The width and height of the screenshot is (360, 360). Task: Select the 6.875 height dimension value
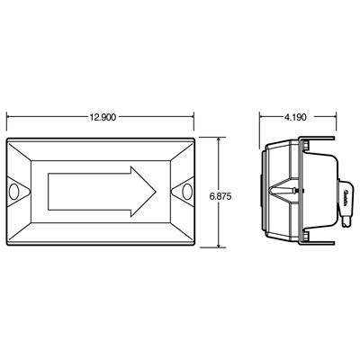pyautogui.click(x=234, y=192)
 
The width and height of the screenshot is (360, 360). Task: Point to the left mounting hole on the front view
pyautogui.click(x=18, y=192)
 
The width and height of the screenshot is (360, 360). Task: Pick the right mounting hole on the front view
pyautogui.click(x=186, y=192)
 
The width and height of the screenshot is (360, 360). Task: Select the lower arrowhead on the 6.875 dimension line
pyautogui.click(x=220, y=244)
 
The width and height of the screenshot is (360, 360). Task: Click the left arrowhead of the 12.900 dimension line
pyautogui.click(x=9, y=117)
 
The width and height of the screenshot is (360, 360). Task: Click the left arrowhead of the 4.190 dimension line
pyautogui.click(x=262, y=117)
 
